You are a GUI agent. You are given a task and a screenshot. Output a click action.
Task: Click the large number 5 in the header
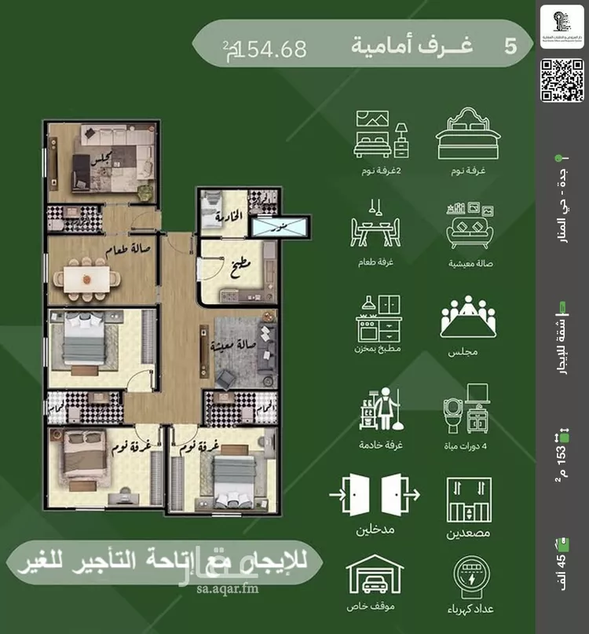click(x=511, y=46)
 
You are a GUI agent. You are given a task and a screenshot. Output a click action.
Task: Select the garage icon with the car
click(x=374, y=577)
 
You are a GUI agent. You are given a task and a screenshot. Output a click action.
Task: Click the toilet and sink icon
click(x=469, y=410)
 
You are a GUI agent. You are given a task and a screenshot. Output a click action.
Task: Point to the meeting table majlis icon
click(x=469, y=318)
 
